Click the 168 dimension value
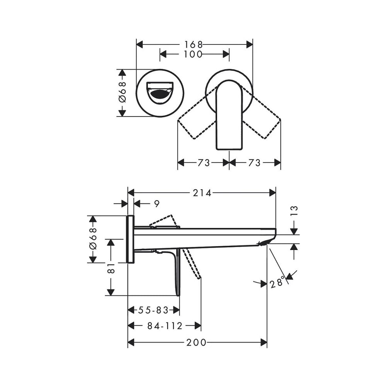coord(193,45)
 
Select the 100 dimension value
coord(193,54)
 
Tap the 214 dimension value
coord(202,193)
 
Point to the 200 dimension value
coord(196,342)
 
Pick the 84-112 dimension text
coord(165,326)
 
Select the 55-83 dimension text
coord(153,310)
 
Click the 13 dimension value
coord(294,211)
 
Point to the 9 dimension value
coord(157,204)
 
